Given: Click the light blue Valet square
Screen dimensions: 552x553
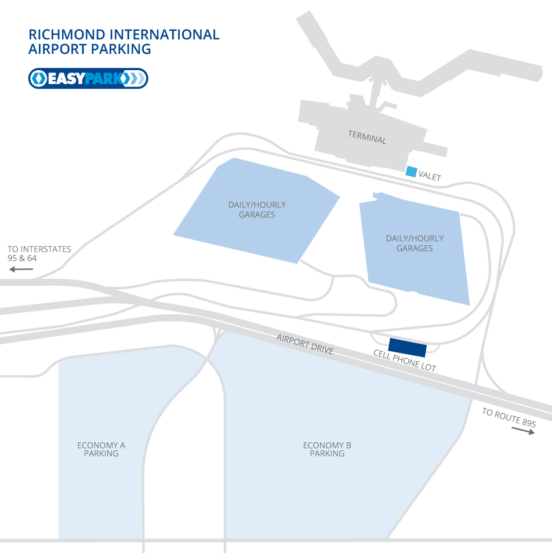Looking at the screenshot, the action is click(411, 172).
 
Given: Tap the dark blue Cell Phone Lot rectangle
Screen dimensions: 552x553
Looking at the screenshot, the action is click(408, 347).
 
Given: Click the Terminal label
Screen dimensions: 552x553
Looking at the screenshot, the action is click(367, 137).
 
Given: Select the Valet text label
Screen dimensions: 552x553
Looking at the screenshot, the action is click(430, 175).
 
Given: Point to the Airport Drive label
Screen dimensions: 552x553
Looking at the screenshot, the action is click(305, 344).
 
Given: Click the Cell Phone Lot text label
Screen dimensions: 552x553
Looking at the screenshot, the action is click(405, 361).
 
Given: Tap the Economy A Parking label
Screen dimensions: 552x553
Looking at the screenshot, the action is click(101, 449).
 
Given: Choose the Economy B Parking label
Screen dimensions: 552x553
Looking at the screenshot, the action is click(328, 449).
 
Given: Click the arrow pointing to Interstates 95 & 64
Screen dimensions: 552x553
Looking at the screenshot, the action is click(21, 270).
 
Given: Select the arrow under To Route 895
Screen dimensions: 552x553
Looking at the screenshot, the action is click(523, 431).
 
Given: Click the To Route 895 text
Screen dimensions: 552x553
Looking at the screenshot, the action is click(509, 417).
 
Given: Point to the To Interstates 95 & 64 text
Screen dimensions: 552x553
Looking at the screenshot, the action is click(39, 253).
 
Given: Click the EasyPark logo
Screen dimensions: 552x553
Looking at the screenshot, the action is click(88, 78).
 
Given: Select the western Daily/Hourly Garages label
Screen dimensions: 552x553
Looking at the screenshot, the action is click(257, 209).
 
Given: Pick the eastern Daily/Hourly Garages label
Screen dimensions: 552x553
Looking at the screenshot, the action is click(415, 243).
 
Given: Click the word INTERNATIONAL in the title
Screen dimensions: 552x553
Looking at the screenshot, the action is click(165, 35).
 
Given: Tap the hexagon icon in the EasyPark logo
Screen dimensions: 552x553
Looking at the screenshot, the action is click(38, 78).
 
